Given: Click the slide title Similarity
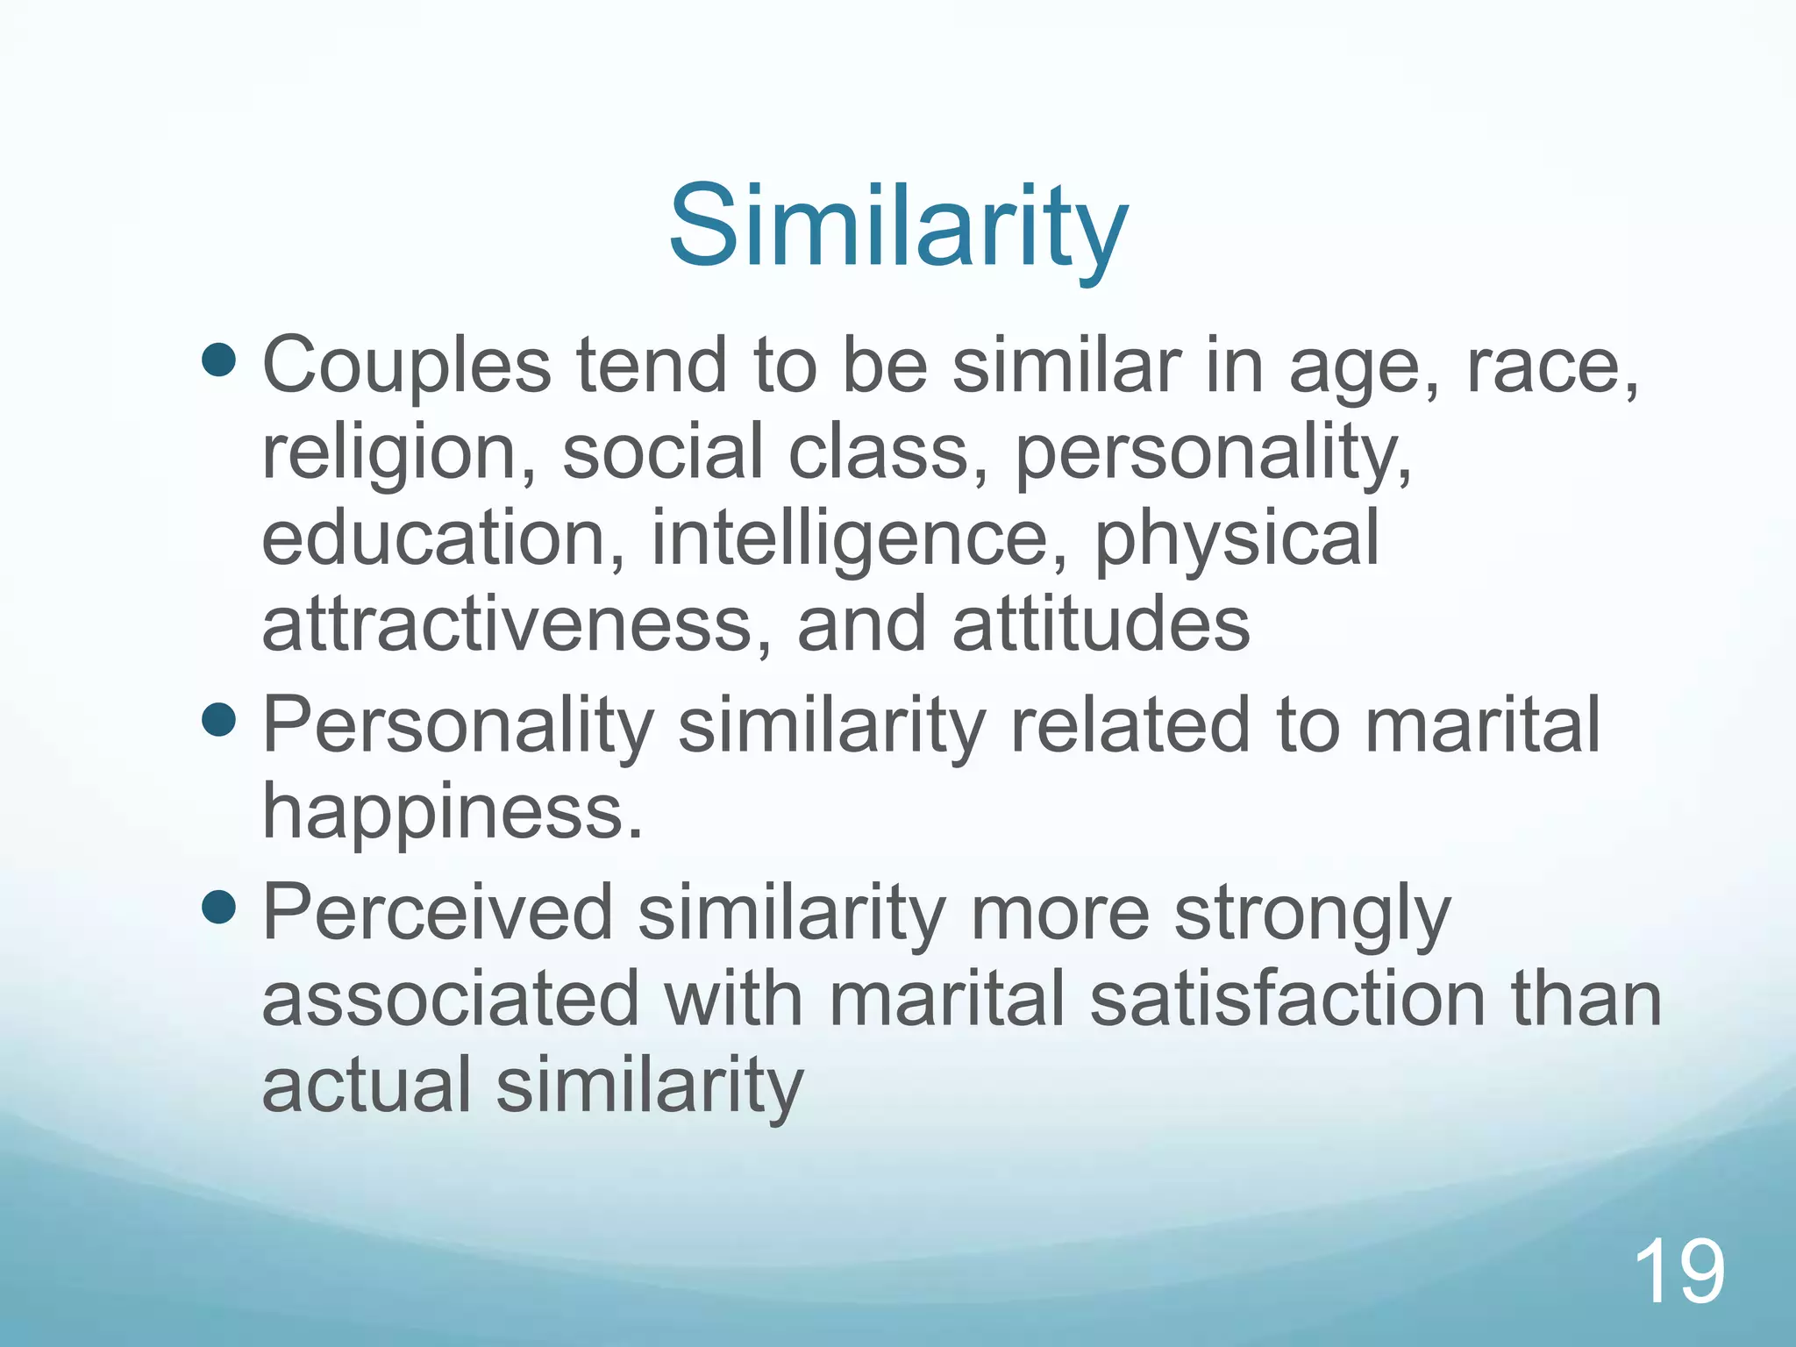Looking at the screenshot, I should tap(897, 226).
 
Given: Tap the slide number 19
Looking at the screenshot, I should tap(1679, 1272).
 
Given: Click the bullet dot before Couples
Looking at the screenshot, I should tap(218, 359).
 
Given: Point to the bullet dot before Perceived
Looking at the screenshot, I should tap(218, 908).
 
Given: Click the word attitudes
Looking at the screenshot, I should tap(1101, 624).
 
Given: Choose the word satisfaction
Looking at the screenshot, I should tap(1287, 999).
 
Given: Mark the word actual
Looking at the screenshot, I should tap(367, 1084).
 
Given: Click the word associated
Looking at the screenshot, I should tap(451, 999).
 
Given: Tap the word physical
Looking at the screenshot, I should tap(1237, 539).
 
